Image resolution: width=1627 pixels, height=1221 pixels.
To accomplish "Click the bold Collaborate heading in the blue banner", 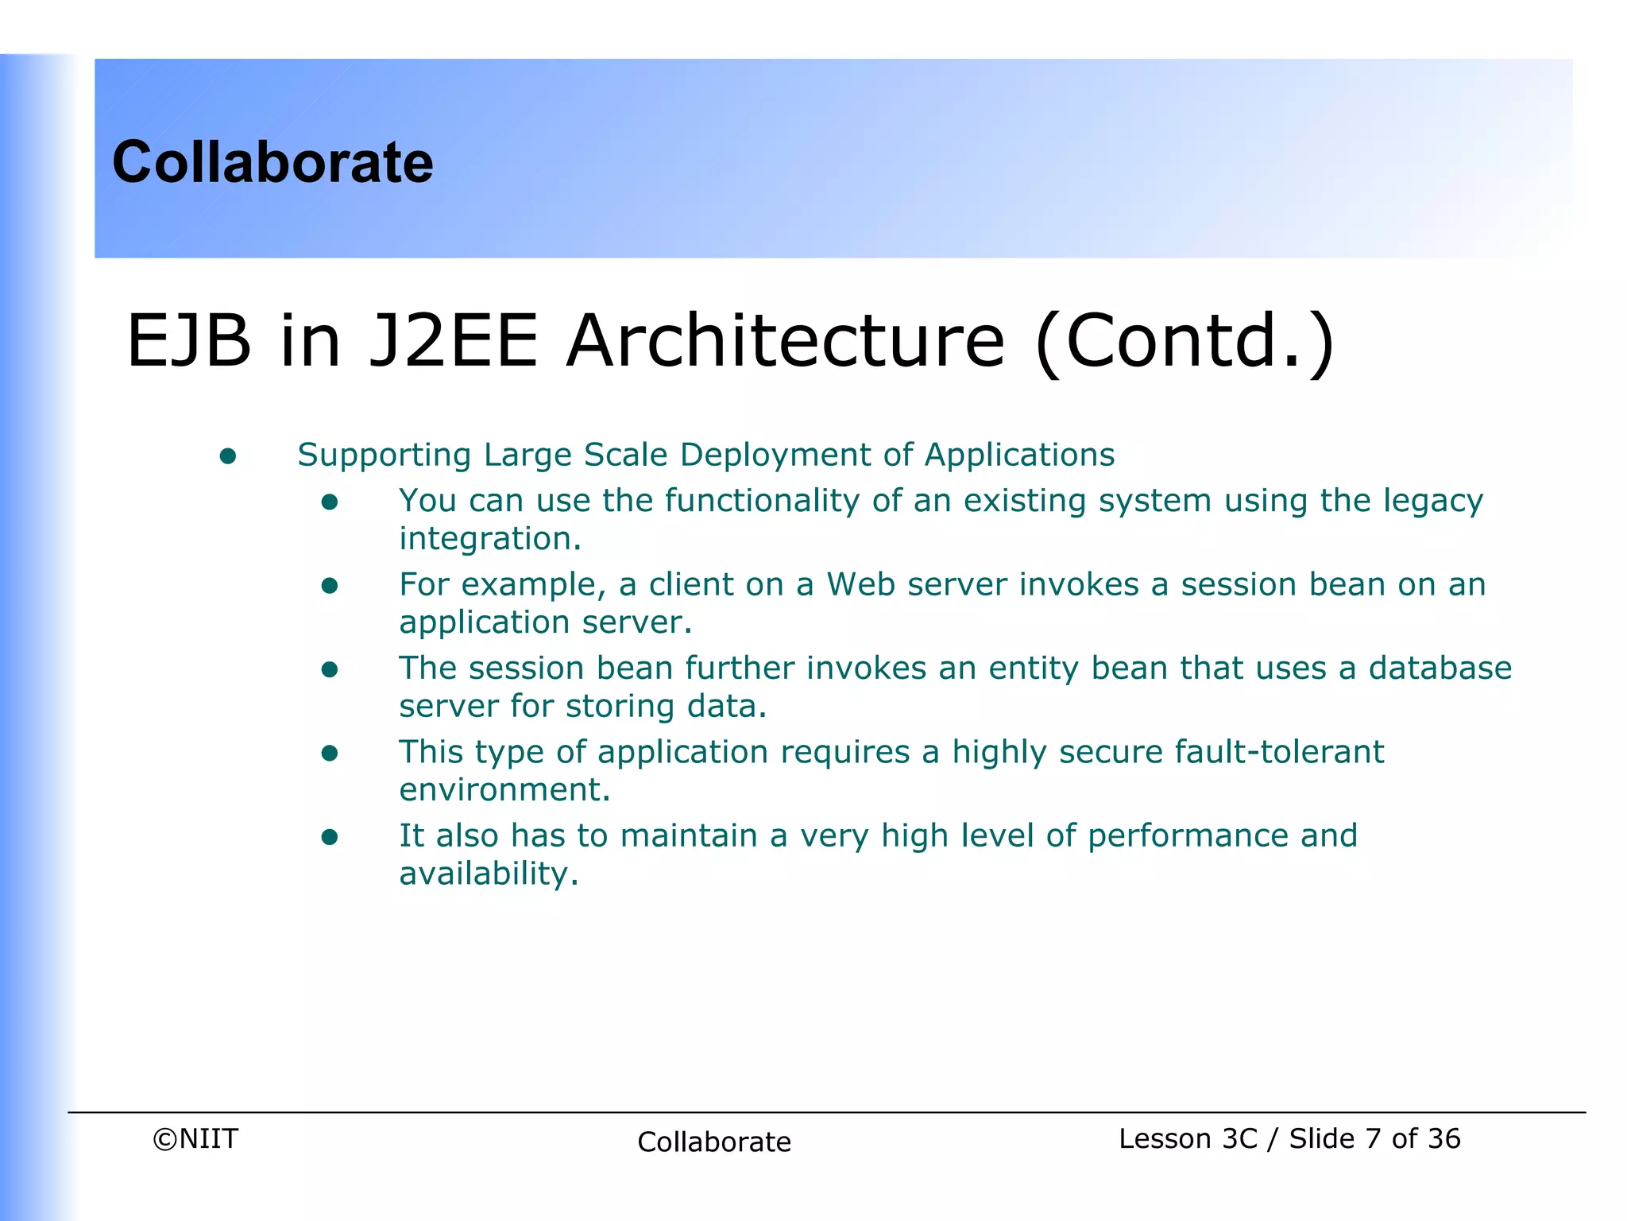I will [272, 162].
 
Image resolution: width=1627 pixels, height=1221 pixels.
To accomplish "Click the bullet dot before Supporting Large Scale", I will [228, 456].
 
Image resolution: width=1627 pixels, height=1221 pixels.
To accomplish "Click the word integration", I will [489, 539].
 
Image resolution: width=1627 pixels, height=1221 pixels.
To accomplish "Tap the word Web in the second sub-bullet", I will [861, 585].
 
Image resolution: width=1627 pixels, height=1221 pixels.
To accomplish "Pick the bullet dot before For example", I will [330, 587].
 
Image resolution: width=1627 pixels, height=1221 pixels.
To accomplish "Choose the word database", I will [1440, 668].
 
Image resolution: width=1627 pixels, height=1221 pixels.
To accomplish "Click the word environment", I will [504, 790].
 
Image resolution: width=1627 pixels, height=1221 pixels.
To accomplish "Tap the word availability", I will [488, 874].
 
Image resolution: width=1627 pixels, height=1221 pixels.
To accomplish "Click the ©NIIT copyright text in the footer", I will [195, 1139].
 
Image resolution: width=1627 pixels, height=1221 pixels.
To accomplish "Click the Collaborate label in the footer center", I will [713, 1142].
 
